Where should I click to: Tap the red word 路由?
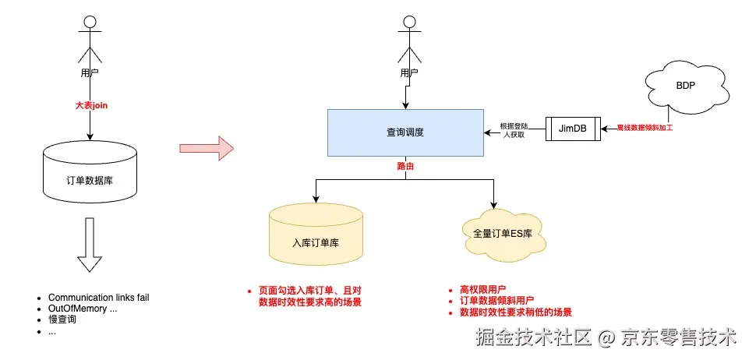[405, 167]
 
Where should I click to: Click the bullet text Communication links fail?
[98, 298]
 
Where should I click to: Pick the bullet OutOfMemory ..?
[83, 309]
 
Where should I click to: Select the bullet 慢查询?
[63, 319]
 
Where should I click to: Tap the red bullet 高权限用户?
[484, 290]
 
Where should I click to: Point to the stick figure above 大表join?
[91, 39]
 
